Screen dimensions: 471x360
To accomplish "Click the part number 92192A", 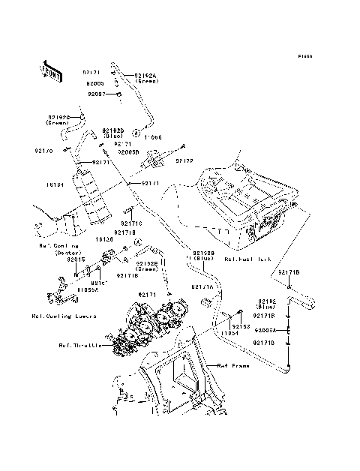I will coord(147,75).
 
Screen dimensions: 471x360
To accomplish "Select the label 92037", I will coord(97,94).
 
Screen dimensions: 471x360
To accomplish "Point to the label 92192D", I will coord(113,130).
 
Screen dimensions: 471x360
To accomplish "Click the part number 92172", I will coord(184,160).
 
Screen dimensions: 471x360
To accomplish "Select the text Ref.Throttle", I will coord(79,346).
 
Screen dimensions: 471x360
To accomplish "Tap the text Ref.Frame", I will coord(233,366).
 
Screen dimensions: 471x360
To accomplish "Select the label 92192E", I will coord(146,264).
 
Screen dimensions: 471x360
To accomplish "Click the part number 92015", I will coord(76,259).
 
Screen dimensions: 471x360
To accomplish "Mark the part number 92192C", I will coord(60,117).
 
